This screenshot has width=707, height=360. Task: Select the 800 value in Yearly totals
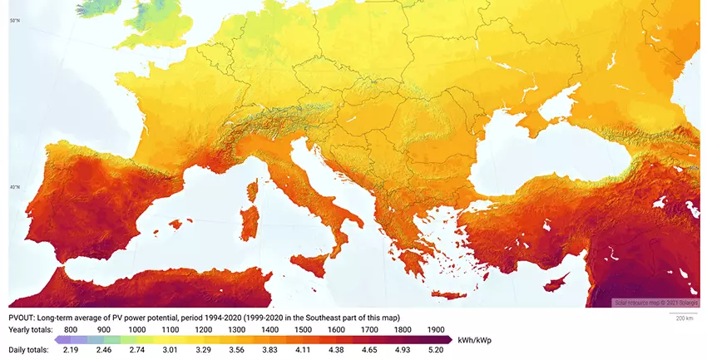point(71,329)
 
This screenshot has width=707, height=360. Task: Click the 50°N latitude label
point(14,19)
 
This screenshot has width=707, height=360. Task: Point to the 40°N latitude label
point(14,186)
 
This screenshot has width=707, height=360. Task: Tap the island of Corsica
point(253,185)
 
